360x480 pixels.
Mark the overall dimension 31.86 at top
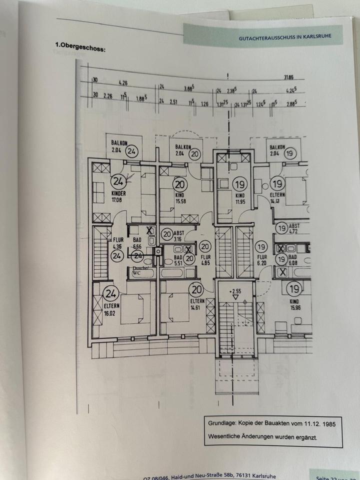point(288,77)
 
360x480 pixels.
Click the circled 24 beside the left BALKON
point(132,150)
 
